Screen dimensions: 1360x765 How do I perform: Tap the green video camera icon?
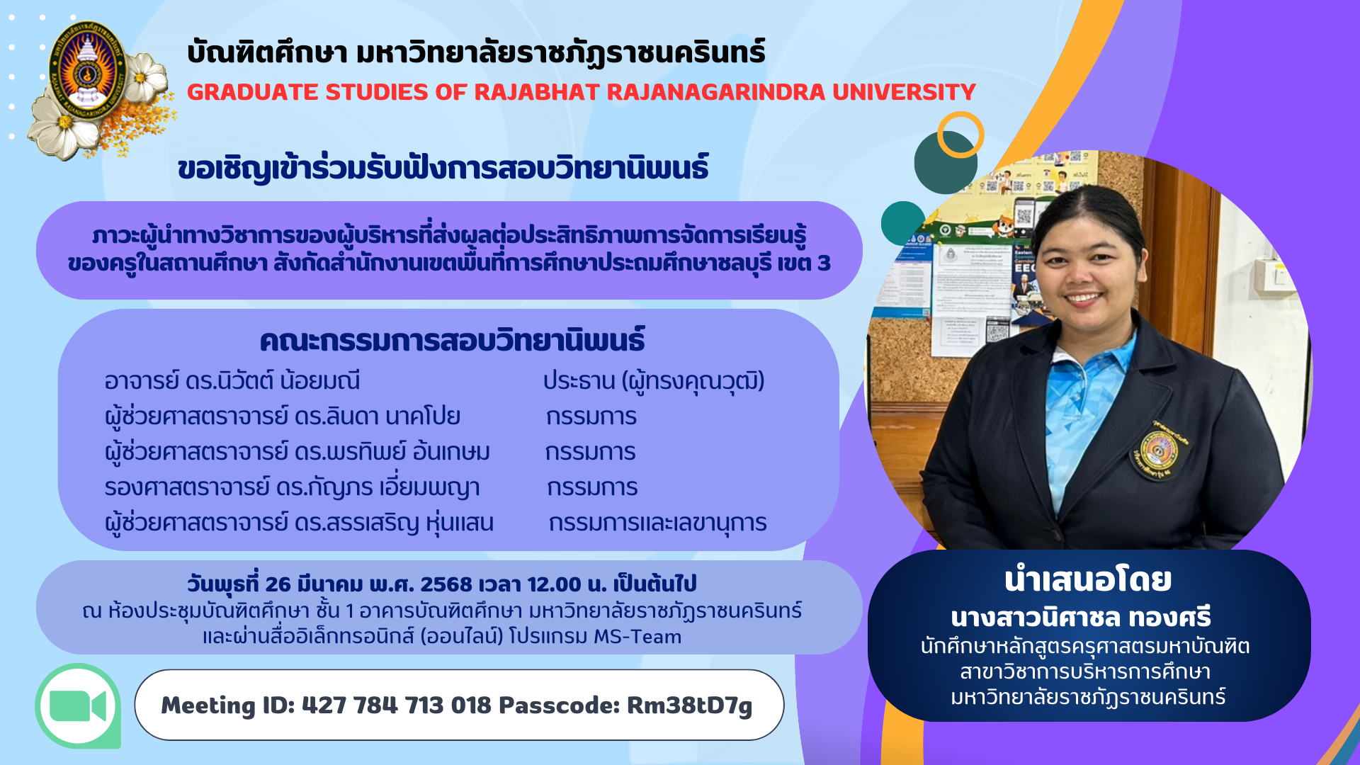coord(78,705)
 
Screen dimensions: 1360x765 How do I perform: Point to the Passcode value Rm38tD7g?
coord(689,706)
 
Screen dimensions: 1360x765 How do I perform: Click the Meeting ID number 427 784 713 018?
coord(396,705)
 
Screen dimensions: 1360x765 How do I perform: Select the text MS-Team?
coord(637,637)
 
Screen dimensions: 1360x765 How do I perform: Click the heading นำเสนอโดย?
coord(1088,580)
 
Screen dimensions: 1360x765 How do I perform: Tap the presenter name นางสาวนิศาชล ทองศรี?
coord(1081,618)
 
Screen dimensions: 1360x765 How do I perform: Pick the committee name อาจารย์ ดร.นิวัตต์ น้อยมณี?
coord(232,381)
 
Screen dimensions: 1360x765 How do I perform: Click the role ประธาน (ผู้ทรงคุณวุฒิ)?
coord(654,381)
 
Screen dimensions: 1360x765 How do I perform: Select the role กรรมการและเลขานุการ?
coord(657,523)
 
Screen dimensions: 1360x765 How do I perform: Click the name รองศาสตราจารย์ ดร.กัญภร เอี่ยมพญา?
coord(292,487)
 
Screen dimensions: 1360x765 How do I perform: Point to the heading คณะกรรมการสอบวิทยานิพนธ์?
coord(452,341)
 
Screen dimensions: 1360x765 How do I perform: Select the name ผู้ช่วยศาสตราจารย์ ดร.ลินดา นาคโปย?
coord(283,416)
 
